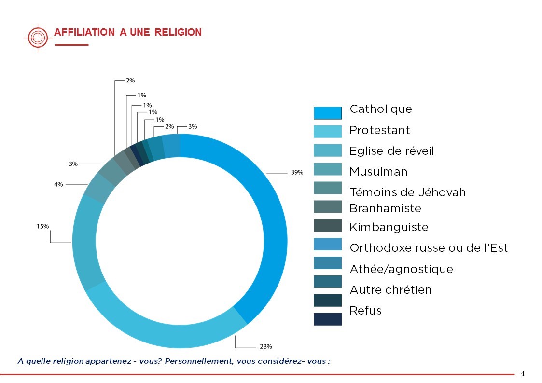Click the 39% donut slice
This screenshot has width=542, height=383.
[270, 232]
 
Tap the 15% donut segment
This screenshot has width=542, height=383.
[89, 241]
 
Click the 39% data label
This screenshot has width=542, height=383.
[297, 172]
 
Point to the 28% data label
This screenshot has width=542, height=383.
[266, 346]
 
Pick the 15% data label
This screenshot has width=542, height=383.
[42, 226]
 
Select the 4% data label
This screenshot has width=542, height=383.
[58, 184]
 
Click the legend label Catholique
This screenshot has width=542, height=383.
[381, 109]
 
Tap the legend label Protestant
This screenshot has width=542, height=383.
[379, 130]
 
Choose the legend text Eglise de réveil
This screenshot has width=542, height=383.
[391, 151]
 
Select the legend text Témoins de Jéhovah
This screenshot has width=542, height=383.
[407, 192]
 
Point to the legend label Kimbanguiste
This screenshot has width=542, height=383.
[389, 227]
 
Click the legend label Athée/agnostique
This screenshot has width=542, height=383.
[401, 269]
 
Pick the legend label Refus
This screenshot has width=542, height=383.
[365, 311]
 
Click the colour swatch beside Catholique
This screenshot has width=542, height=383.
[328, 112]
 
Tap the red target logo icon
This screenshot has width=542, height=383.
[38, 37]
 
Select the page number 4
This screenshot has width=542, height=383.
[522, 373]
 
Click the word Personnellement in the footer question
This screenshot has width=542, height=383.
[198, 361]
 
